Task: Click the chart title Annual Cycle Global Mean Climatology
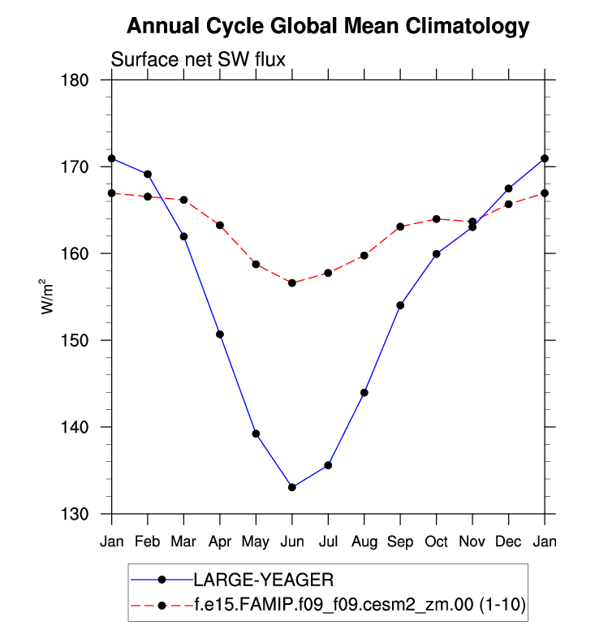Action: (x=328, y=27)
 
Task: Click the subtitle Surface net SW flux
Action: (x=198, y=59)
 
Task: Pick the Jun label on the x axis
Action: (x=291, y=541)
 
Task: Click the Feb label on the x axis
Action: (x=147, y=541)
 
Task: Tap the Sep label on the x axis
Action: (x=400, y=541)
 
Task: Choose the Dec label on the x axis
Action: (x=508, y=541)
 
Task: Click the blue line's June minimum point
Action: (x=291, y=487)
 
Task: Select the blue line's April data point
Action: (x=219, y=335)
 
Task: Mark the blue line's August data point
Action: (x=364, y=393)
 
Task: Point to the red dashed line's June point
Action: (x=291, y=283)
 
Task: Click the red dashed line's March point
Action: (x=183, y=200)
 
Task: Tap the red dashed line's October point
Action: (x=436, y=218)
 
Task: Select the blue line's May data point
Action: (x=256, y=434)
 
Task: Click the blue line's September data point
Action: (x=400, y=305)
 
